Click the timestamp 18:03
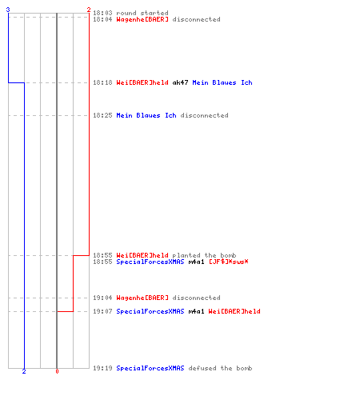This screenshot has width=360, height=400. coord(102,13)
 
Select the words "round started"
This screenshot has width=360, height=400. coord(142,13)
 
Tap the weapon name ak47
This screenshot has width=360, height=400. coord(181,82)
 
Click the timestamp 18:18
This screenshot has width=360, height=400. coord(102,82)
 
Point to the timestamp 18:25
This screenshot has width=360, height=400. coord(102,115)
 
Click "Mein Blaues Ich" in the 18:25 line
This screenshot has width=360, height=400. coord(146,115)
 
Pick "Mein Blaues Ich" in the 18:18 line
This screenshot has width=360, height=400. coord(222,82)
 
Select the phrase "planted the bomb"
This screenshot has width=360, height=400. coord(204,255)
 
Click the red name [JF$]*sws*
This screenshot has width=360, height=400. coord(229,262)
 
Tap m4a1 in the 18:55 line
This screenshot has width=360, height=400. coord(197,262)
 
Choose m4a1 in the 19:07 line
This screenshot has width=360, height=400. coord(197,311)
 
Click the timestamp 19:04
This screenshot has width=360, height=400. coord(102,298)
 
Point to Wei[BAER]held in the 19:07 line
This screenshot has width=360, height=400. coord(234,311)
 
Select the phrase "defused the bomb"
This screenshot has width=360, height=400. coord(220,368)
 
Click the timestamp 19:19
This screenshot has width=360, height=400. coord(102,368)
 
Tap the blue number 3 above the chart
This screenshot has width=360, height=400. coord(8,10)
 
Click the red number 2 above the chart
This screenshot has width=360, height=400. coord(89,10)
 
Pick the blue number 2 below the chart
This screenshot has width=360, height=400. coord(24,371)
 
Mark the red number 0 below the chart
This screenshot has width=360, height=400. coord(57,371)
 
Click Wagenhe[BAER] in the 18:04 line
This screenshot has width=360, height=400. coord(142,19)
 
